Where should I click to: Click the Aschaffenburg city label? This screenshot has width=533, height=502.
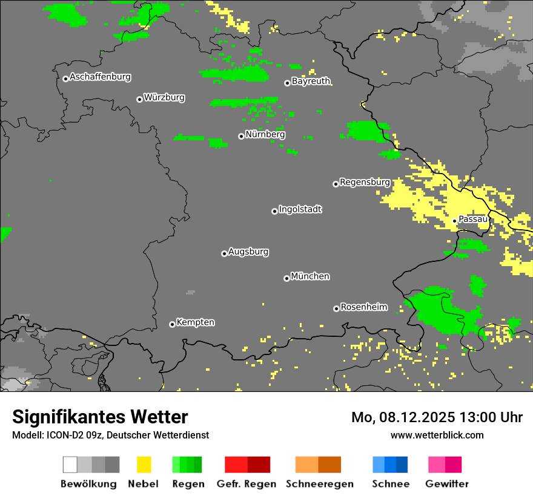click(100, 77)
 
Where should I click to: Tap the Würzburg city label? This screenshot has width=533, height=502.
click(164, 97)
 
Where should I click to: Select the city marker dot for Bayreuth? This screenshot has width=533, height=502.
click(287, 83)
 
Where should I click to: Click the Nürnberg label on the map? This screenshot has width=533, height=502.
click(265, 134)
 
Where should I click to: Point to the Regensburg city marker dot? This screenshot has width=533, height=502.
click(336, 184)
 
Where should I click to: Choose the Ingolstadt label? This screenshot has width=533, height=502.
click(300, 209)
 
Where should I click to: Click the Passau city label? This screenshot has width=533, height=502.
click(473, 219)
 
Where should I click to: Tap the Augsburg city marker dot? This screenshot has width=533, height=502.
click(224, 253)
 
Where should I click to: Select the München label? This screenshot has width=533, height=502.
click(310, 276)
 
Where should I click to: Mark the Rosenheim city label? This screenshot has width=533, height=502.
click(364, 307)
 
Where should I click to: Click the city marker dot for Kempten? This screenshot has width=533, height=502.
click(172, 324)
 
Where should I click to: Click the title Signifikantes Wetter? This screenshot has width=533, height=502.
click(100, 417)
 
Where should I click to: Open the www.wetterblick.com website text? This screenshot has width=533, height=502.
click(437, 435)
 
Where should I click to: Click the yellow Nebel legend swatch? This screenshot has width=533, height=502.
click(144, 465)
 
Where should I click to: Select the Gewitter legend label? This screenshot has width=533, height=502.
click(447, 484)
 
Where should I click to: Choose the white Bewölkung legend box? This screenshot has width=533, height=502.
click(70, 465)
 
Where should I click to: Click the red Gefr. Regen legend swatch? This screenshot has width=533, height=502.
click(236, 465)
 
